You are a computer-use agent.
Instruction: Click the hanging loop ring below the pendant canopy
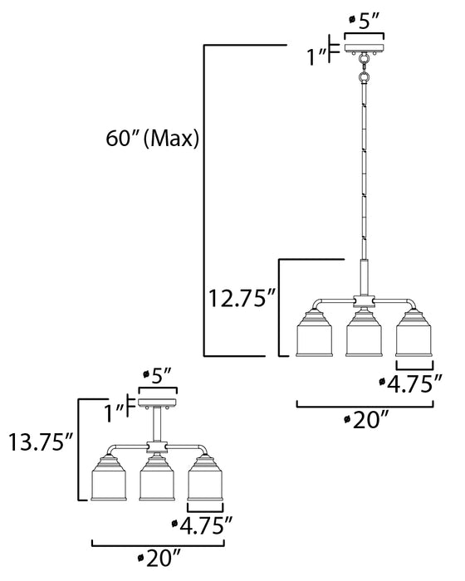click(x=364, y=79)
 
